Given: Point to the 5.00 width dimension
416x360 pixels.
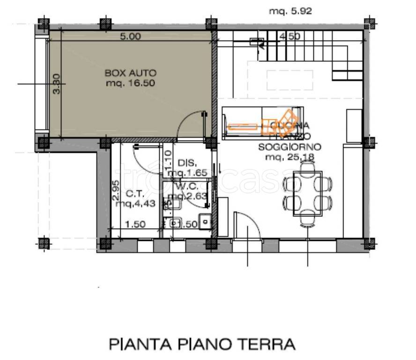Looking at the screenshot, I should pos(130,37).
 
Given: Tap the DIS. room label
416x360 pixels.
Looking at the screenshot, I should pos(187,163).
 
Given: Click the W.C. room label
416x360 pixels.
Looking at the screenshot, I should pos(187,187).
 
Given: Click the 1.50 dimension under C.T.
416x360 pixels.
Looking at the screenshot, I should pos(135,224).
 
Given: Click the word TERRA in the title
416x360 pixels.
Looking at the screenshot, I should pos(271,345).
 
